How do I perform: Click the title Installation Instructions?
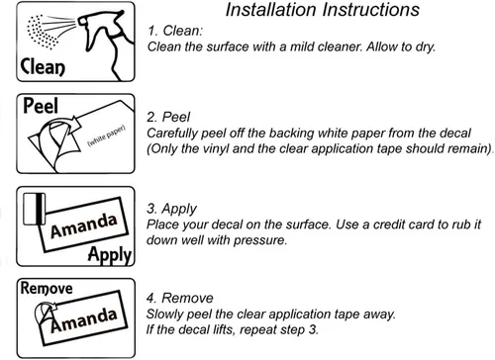tap(323, 10)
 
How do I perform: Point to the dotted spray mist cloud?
tap(43, 32)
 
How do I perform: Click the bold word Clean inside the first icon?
tap(43, 67)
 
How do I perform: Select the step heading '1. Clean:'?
tap(175, 31)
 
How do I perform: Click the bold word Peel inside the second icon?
tap(41, 106)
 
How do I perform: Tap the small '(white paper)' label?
tap(106, 135)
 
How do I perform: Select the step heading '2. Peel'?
tap(168, 117)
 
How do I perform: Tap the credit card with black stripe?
tap(35, 209)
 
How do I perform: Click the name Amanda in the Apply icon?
tap(84, 225)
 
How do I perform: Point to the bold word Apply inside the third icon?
tap(110, 255)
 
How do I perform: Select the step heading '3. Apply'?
tap(172, 209)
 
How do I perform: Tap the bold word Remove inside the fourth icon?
tap(47, 289)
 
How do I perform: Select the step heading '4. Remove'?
tap(180, 299)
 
